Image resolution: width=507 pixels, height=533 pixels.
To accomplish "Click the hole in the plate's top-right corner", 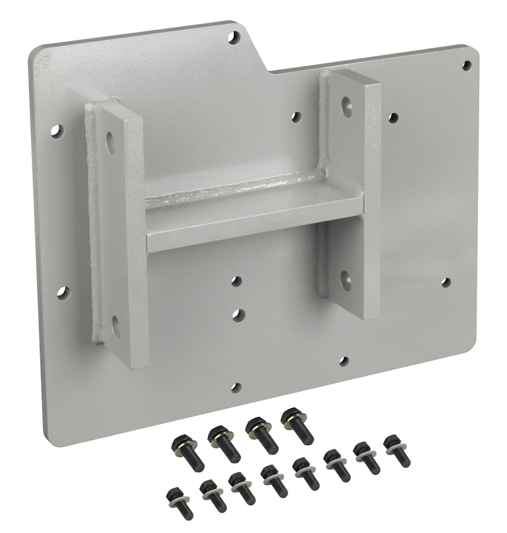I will (467, 64).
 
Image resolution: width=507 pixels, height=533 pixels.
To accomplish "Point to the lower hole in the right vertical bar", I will (346, 279).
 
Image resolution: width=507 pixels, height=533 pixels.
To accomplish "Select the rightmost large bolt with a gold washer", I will (296, 424).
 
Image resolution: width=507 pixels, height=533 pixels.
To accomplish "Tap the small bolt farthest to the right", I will (396, 448).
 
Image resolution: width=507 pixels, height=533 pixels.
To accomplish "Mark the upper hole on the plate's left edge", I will (57, 132).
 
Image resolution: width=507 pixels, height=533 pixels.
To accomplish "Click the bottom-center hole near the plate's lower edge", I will (235, 387).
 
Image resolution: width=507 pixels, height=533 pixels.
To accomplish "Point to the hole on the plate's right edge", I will (446, 283).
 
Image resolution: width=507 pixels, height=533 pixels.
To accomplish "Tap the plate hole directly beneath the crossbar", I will (236, 280).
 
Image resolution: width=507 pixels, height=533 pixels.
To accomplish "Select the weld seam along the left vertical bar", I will (95, 221).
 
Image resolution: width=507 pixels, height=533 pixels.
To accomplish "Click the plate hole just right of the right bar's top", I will (393, 118).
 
